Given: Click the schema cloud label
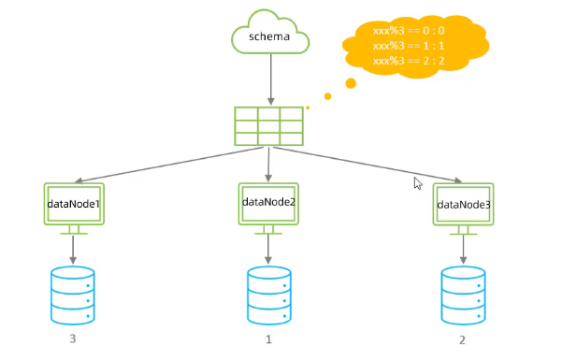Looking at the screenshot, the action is click(269, 36).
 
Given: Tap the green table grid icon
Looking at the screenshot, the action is click(268, 126).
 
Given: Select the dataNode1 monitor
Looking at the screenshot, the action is click(74, 209).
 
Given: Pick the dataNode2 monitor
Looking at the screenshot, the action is click(268, 209).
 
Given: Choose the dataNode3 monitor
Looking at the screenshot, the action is click(463, 209).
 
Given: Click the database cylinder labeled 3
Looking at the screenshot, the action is click(73, 295).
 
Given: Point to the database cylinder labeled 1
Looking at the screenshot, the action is click(268, 295).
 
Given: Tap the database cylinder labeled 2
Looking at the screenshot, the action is click(463, 295).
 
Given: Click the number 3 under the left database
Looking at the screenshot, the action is click(73, 338).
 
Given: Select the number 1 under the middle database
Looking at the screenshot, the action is click(268, 339).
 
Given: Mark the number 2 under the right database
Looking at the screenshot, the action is click(462, 340).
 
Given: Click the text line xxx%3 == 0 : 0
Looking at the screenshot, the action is click(409, 31).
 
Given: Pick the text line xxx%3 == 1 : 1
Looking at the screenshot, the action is click(409, 46).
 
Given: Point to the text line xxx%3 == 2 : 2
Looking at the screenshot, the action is click(409, 61).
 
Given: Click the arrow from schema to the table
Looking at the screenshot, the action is click(270, 79).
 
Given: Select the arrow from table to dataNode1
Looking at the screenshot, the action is click(169, 165).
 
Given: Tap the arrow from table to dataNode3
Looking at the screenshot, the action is click(367, 165).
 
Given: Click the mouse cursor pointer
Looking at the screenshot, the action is click(418, 183).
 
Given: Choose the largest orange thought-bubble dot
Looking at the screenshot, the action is click(351, 83).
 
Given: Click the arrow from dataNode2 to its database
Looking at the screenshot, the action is click(268, 250).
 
